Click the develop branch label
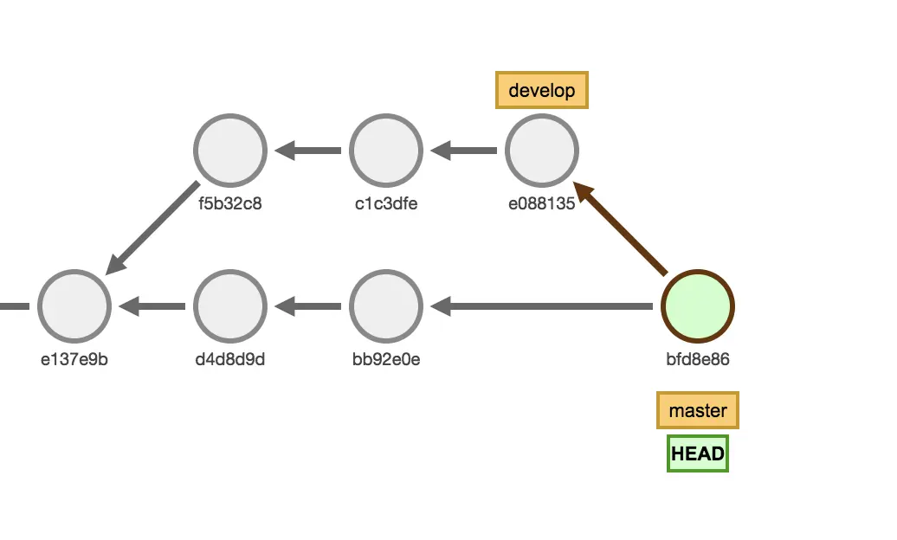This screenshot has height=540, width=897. (541, 90)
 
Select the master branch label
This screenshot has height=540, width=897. (697, 410)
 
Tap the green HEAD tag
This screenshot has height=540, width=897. (697, 453)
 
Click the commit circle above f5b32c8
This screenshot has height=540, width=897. (229, 151)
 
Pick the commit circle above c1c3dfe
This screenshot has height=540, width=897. (385, 151)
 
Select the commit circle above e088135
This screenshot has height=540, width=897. (541, 151)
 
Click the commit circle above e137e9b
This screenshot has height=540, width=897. (74, 306)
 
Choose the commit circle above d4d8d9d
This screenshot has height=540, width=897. (229, 306)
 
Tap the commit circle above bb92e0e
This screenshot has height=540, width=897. (385, 306)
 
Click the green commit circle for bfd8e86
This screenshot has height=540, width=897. (697, 306)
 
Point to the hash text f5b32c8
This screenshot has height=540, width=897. (229, 204)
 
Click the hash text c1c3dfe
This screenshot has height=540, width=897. (385, 204)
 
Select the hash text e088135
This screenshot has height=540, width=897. (541, 204)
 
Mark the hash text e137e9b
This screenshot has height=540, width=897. (74, 360)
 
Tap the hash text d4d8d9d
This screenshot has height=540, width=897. (229, 360)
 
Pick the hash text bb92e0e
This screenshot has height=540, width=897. (385, 360)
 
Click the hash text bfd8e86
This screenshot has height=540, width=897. (697, 360)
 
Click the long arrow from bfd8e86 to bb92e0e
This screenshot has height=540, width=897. (542, 306)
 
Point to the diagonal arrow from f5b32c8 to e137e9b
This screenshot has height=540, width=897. (152, 228)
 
